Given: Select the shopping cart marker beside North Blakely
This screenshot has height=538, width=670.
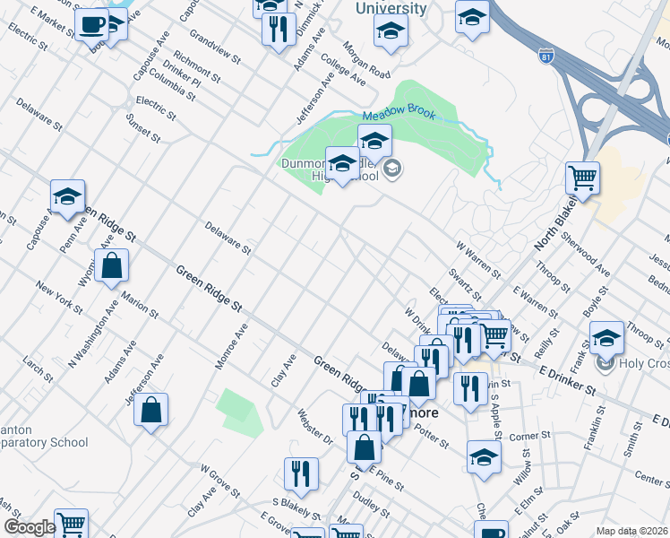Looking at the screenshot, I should (x=582, y=178).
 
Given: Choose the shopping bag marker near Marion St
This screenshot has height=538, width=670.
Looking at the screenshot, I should (x=111, y=265).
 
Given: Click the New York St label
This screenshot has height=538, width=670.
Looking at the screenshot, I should (x=59, y=301).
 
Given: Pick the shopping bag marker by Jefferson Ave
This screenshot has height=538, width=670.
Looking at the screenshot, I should (x=152, y=412).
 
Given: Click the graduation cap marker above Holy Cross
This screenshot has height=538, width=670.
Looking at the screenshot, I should (x=606, y=337).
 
